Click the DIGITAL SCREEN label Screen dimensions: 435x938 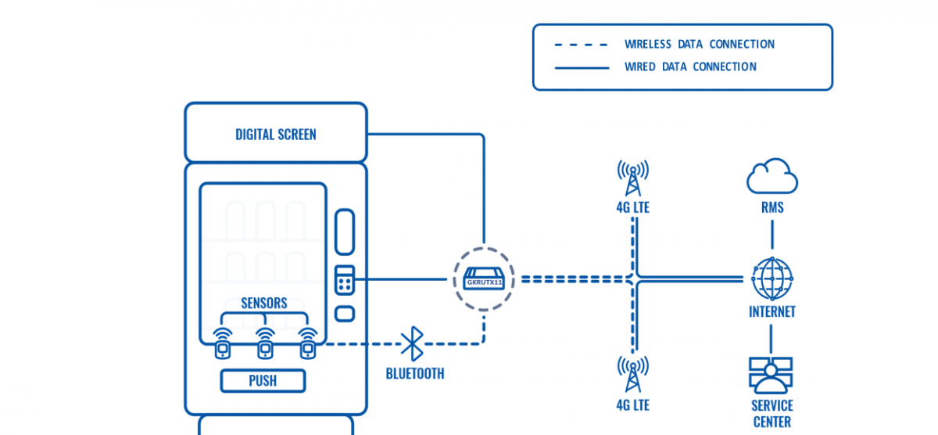(276, 134)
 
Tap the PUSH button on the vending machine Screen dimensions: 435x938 (263, 381)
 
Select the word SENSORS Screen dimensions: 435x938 (263, 303)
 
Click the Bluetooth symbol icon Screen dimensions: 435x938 (412, 343)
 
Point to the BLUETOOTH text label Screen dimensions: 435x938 (414, 374)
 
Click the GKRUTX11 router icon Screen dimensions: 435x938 (484, 279)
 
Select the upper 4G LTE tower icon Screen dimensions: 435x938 (632, 178)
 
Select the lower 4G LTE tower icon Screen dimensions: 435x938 (632, 374)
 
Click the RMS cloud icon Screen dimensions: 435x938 (772, 177)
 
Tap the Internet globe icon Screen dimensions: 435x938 (772, 279)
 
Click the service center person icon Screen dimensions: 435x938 (771, 376)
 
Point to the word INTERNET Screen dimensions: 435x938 (772, 312)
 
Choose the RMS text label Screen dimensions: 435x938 (772, 207)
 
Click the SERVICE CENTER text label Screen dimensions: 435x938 (772, 414)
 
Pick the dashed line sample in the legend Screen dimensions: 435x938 (582, 45)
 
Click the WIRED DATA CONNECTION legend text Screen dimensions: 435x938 (689, 67)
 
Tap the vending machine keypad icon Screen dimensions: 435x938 (345, 280)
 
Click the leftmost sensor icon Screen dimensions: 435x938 (223, 343)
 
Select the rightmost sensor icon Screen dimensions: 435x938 (308, 343)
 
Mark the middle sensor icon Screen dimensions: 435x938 (265, 343)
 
